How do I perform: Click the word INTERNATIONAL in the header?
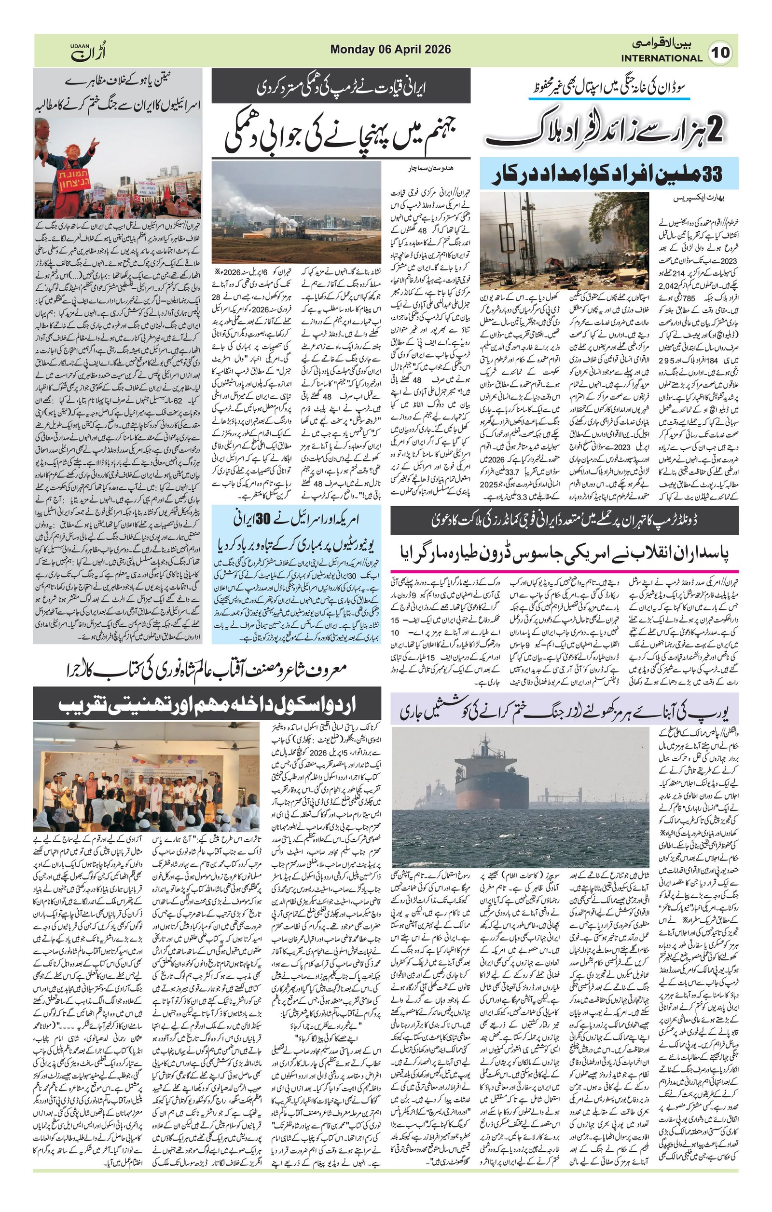coord(661,58)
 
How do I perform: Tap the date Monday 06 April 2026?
coord(390,50)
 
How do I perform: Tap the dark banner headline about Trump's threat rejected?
coord(341,89)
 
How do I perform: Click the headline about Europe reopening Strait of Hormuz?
coord(564,711)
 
